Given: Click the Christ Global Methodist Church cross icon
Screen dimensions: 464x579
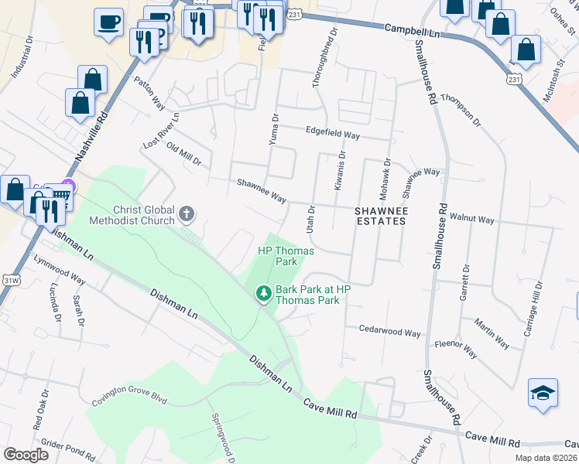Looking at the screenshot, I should pos(187,213).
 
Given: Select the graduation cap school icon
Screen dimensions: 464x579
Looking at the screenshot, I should pos(543,393).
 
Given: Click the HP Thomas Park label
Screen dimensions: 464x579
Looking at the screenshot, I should pos(276,256).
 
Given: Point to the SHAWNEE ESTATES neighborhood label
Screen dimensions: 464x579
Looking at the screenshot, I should pos(380,216).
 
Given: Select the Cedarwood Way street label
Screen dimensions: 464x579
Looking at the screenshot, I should pos(389,332).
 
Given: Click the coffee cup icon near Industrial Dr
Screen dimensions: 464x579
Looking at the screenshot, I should pos(108,21).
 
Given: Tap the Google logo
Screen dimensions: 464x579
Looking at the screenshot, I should pos(26,455).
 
